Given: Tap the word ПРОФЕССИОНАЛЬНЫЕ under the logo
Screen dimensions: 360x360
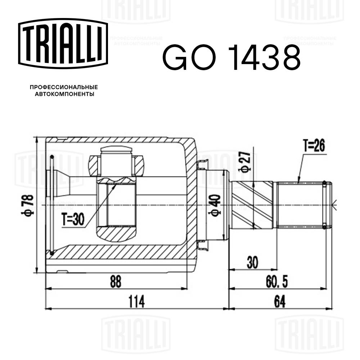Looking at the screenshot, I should [64, 87].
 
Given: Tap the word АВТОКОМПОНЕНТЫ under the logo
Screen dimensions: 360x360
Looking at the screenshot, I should [64, 94].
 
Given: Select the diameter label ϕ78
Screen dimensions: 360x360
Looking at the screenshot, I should [29, 205].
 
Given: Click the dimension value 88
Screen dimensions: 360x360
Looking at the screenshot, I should [115, 282].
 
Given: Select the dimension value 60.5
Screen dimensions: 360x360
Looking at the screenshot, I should [277, 282].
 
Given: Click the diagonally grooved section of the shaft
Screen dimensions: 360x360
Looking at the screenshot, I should [254, 205].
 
